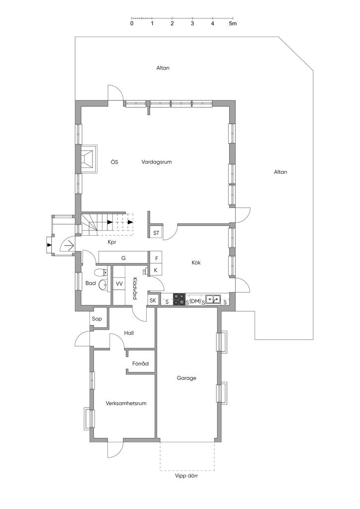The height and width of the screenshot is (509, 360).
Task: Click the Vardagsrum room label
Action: click(157, 162)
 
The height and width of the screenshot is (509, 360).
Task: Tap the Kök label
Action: click(196, 262)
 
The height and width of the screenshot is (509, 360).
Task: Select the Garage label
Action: click(186, 378)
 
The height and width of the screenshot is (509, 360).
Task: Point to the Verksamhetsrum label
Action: click(126, 403)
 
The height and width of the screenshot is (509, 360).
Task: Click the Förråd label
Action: click(140, 363)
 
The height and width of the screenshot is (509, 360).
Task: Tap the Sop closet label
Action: click(97, 319)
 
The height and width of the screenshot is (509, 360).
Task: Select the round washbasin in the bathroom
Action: click(103, 284)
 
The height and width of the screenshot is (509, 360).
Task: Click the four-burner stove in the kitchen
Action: click(179, 299)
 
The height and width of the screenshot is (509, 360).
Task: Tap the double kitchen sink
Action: click(213, 299)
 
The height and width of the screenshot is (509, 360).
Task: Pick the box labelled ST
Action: click(156, 233)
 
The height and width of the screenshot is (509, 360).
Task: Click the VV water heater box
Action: click(119, 284)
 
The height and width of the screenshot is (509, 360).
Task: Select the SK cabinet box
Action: click(153, 301)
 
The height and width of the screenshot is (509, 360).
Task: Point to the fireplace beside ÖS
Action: click(89, 159)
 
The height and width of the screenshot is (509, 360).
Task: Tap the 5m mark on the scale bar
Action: click(232, 24)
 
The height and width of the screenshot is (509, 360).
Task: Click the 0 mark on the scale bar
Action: click(131, 24)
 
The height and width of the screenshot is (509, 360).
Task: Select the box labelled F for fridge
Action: click(156, 258)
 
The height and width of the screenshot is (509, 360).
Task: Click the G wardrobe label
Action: click(123, 258)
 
